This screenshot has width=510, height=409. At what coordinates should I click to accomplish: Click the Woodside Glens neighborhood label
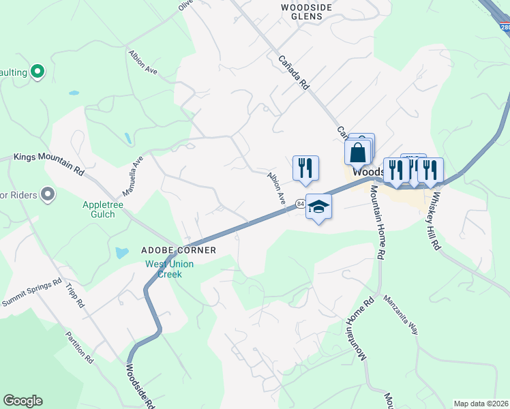pyautogui.click(x=306, y=11)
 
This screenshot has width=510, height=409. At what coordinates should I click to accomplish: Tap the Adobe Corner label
pyautogui.click(x=179, y=250)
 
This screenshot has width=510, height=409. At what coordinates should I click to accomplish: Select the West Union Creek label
pyautogui.click(x=169, y=269)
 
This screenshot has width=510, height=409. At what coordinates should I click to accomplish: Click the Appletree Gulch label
pyautogui.click(x=108, y=209)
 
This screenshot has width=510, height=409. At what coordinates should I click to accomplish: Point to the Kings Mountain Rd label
pyautogui.click(x=48, y=164)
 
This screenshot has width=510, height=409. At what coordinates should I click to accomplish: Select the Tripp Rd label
pyautogui.click(x=74, y=294)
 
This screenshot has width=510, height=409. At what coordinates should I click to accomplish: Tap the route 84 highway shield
pyautogui.click(x=300, y=203)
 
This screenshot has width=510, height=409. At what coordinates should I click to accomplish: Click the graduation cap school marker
pyautogui.click(x=318, y=207)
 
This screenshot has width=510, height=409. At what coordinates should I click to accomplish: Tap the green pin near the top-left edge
pyautogui.click(x=38, y=70)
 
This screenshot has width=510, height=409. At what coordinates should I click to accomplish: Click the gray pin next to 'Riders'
pyautogui.click(x=48, y=196)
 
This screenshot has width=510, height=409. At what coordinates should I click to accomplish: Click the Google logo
pyautogui.click(x=22, y=401)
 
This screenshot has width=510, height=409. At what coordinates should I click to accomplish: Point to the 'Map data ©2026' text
pyautogui.click(x=481, y=404)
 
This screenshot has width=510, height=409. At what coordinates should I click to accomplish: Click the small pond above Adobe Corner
pyautogui.click(x=121, y=252)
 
